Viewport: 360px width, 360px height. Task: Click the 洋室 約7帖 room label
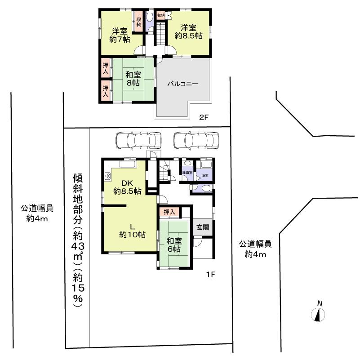pos(120,35)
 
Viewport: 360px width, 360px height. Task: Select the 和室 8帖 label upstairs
pos(133,79)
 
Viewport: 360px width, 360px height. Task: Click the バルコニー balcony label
pos(183,84)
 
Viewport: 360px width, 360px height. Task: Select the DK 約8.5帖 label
pos(127,187)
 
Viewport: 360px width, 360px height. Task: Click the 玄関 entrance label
pos(202,227)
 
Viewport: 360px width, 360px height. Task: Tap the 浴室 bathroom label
pos(206,175)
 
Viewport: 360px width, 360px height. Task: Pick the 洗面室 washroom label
pos(187,172)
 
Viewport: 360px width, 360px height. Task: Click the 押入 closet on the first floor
pos(169,211)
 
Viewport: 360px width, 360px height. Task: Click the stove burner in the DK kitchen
pos(108,175)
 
